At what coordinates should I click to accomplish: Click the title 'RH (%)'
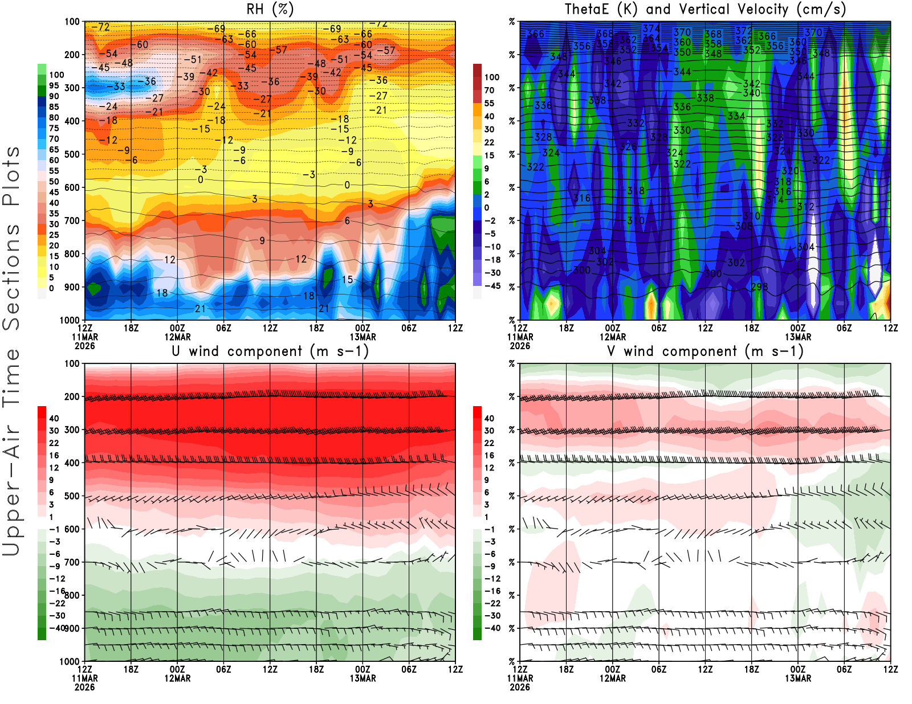(270, 9)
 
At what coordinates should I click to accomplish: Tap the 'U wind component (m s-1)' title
(270, 351)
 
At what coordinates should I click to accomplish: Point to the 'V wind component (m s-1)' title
(705, 351)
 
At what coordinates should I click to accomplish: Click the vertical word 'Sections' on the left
(11, 276)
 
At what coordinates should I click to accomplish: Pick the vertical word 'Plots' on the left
(11, 176)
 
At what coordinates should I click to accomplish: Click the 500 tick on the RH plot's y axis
(72, 154)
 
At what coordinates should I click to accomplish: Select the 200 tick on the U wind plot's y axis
(72, 397)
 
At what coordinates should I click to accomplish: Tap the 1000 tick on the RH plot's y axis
(70, 320)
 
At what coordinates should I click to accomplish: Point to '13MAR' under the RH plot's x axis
(363, 337)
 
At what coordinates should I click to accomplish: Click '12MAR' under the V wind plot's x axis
(612, 678)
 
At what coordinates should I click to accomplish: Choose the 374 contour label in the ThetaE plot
(652, 28)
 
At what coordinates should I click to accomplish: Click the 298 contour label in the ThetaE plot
(759, 287)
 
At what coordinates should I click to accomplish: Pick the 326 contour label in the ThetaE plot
(628, 147)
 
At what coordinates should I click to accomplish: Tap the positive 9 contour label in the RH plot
(262, 241)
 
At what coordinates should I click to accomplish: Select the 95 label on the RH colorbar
(54, 85)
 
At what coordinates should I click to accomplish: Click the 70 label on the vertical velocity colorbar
(489, 90)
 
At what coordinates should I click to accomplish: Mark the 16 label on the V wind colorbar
(489, 456)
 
